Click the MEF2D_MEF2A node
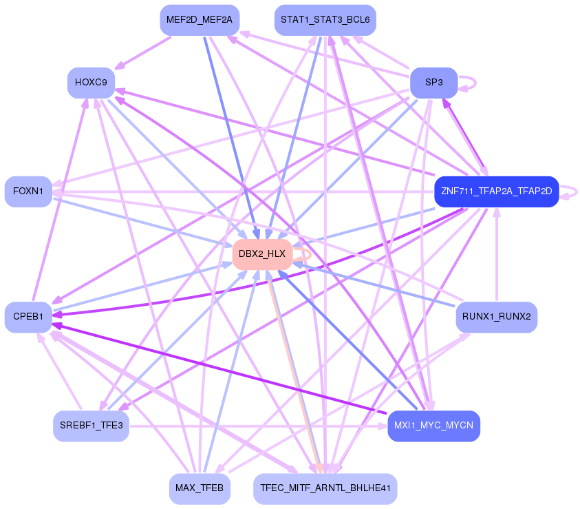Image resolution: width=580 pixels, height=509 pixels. pos(200,21)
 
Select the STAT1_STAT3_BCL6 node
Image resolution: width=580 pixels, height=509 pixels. pos(325,21)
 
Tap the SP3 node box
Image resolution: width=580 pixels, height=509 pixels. pos(433,83)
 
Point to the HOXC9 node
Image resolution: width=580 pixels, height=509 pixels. pos(91,83)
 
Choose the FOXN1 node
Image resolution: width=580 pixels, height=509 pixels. pos(28,191)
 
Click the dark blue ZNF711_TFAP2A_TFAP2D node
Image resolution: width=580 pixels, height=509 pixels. pos(496,191)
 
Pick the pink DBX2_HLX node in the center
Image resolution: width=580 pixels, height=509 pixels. pos(261,254)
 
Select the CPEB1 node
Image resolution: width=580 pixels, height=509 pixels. pos(28,317)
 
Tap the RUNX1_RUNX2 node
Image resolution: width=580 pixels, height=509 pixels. pos(496,318)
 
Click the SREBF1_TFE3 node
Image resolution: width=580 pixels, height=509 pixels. pos(91,426)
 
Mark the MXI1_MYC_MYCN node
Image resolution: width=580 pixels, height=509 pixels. pos(433,426)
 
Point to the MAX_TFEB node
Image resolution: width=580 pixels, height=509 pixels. pos(200,488)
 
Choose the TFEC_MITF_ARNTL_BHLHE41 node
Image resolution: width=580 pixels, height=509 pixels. pos(325,488)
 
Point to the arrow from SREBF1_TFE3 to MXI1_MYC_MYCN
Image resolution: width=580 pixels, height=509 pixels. pos(255,426)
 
